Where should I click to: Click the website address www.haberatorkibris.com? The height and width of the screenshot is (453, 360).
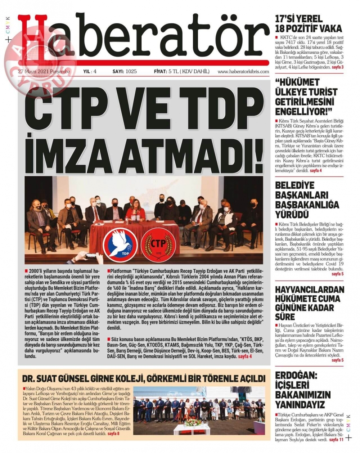[243, 72]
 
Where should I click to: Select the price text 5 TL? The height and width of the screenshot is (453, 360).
[173, 72]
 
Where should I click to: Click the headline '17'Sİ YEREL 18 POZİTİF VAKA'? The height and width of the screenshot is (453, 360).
[308, 23]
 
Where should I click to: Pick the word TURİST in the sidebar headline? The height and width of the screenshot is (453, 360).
[321, 91]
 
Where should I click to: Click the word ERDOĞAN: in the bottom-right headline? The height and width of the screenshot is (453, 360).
[296, 375]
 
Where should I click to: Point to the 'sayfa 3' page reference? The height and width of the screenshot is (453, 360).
[337, 67]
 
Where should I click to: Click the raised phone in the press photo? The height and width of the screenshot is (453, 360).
[90, 256]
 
